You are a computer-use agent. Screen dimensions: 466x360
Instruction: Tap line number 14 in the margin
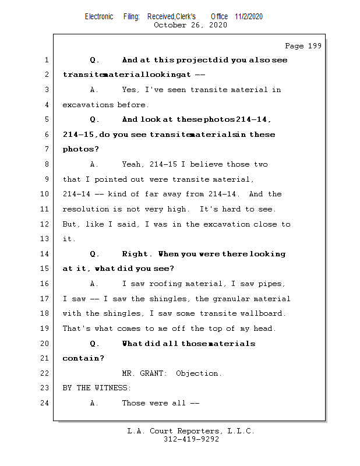(x=45, y=254)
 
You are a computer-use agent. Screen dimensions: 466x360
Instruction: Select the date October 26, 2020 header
(x=190, y=25)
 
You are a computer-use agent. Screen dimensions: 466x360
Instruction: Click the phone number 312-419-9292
(x=191, y=440)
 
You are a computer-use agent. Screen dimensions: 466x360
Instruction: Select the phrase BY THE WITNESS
(x=97, y=388)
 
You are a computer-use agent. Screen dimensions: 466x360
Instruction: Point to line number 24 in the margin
(x=45, y=403)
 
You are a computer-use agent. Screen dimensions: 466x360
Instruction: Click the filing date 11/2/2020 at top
(x=249, y=17)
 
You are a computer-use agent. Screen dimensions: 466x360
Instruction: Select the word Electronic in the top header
(x=99, y=17)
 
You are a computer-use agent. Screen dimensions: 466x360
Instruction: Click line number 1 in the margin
(x=45, y=60)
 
